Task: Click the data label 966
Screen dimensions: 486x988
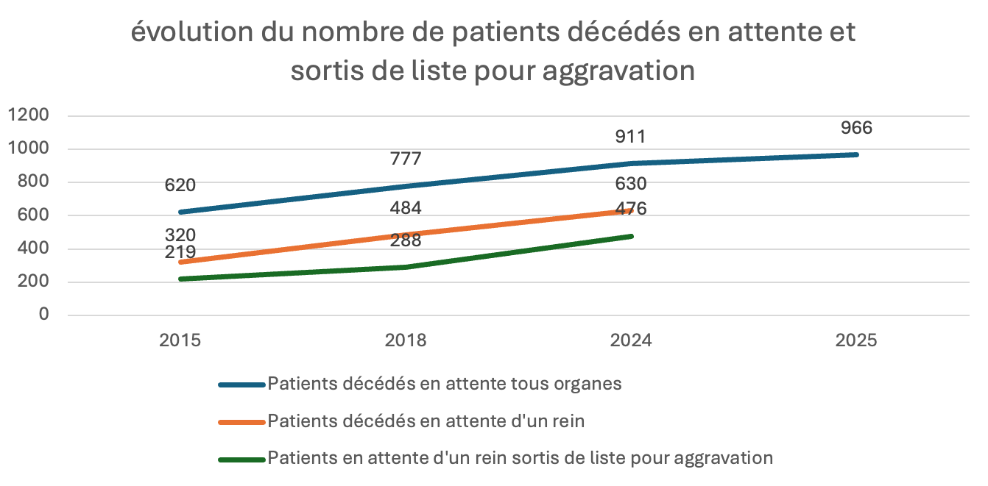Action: (857, 128)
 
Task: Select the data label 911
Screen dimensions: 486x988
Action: (631, 137)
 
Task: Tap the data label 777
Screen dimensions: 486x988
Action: (406, 159)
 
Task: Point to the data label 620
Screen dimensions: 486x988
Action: (180, 185)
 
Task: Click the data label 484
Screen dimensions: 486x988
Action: (406, 208)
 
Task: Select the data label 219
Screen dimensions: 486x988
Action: (180, 252)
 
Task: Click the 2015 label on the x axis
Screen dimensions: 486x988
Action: (180, 340)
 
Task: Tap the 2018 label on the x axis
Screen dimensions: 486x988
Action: (406, 340)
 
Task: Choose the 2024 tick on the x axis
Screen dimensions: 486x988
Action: (631, 340)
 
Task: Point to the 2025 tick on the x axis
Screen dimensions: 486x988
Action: (857, 340)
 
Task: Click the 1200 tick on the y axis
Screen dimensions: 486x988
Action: (29, 115)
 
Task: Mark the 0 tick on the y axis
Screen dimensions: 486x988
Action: (43, 315)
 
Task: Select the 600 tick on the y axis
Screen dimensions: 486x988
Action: (33, 215)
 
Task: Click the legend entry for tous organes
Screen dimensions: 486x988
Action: (445, 384)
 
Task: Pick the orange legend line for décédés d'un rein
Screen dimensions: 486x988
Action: (241, 422)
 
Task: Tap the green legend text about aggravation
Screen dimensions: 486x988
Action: (520, 458)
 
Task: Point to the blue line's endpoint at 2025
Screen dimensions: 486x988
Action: (857, 154)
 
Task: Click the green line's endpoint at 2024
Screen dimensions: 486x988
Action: (632, 236)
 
